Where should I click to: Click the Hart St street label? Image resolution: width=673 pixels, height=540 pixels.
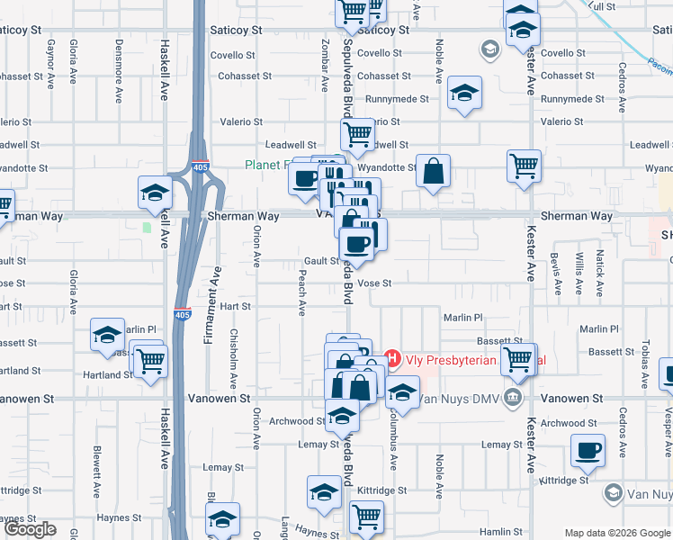(x=235, y=306)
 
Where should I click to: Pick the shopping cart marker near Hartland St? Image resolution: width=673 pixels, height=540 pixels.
(x=149, y=360)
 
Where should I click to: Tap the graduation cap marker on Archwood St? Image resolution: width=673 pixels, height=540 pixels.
(x=341, y=415)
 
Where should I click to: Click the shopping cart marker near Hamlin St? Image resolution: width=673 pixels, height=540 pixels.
(x=367, y=517)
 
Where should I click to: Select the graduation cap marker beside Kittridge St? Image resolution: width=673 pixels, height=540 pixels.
(x=324, y=491)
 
